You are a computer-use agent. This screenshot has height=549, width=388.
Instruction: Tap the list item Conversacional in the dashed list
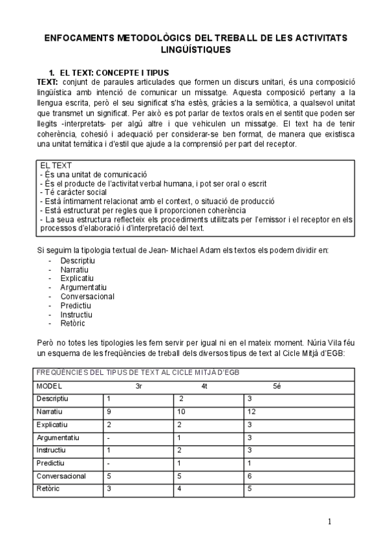click(x=87, y=296)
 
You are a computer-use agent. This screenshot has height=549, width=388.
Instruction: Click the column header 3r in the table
click(x=138, y=387)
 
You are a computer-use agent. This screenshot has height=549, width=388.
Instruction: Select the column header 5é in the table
click(x=277, y=387)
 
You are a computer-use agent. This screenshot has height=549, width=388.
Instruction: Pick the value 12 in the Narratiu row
click(x=252, y=412)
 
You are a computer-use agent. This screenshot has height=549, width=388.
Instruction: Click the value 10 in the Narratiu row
click(x=182, y=412)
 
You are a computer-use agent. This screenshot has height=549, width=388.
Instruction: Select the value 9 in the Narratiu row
click(x=109, y=412)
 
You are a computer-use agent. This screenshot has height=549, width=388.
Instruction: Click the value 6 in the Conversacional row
click(x=250, y=476)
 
